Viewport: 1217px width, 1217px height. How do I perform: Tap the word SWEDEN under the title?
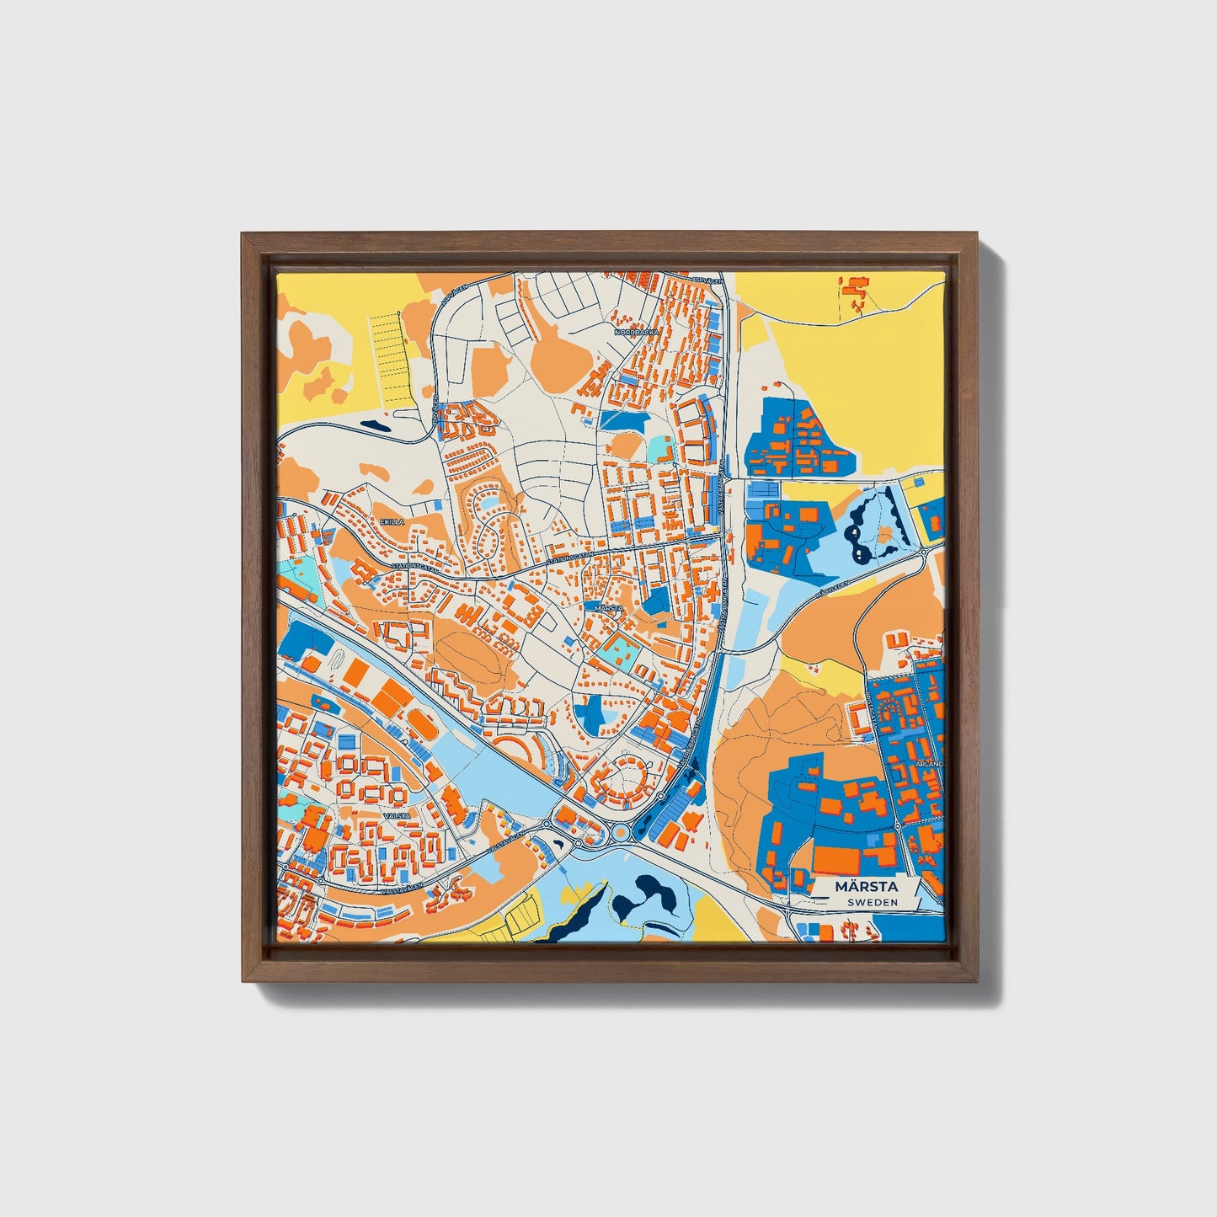[872, 902]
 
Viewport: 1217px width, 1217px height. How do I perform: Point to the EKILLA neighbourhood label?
[392, 522]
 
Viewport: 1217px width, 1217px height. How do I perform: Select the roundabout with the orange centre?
[621, 832]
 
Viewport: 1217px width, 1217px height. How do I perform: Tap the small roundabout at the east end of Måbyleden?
[924, 552]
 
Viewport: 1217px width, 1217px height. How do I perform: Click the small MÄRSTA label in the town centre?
[607, 607]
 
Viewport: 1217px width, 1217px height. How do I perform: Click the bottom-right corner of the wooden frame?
[977, 982]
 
